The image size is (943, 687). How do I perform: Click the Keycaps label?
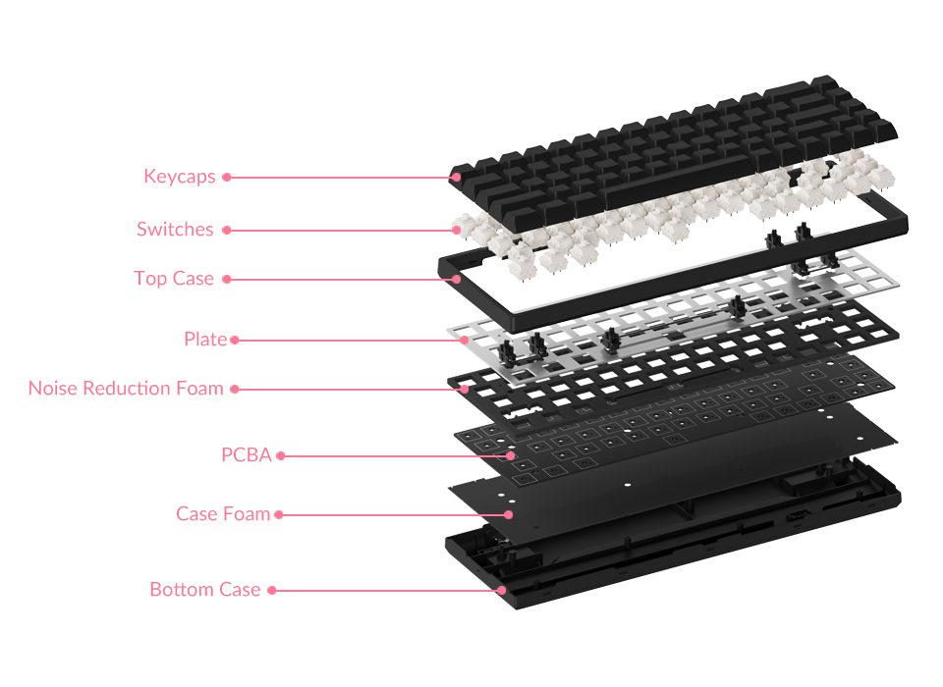(x=179, y=177)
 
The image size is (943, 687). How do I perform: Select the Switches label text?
(x=175, y=229)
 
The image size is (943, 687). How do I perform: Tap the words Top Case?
(x=174, y=279)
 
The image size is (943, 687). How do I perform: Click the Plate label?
(x=205, y=340)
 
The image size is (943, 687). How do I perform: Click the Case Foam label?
(x=223, y=514)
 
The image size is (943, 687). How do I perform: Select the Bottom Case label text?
(x=204, y=590)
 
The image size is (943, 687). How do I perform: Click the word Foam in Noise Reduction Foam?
(x=199, y=389)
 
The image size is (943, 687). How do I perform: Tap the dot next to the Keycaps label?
(x=226, y=178)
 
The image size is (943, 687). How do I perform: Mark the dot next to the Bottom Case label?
(x=272, y=591)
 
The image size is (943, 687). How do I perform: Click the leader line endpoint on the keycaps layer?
(x=456, y=178)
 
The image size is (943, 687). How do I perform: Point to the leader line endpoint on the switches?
(x=458, y=230)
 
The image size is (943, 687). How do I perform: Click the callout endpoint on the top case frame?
(x=458, y=279)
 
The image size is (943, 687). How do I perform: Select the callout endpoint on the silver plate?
(x=465, y=341)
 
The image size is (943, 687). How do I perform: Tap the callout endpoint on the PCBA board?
(x=511, y=455)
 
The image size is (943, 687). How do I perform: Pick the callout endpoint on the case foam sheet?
(x=509, y=514)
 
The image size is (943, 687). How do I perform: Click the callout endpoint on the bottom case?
(x=502, y=590)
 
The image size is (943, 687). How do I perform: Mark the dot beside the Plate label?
(x=234, y=341)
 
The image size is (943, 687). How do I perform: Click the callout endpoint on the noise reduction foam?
(x=465, y=389)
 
